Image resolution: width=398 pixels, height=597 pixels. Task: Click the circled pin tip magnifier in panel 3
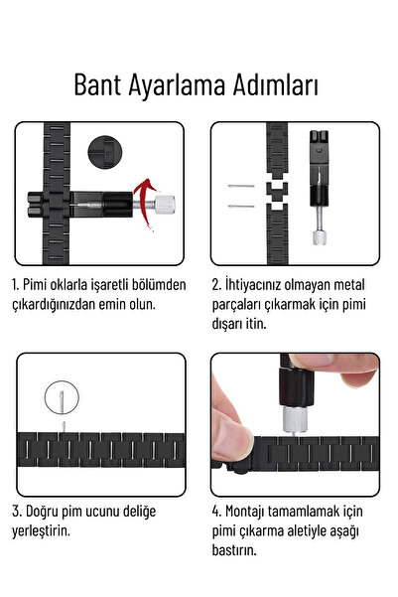point(60,399)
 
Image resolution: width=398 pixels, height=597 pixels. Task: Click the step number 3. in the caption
point(17,512)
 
